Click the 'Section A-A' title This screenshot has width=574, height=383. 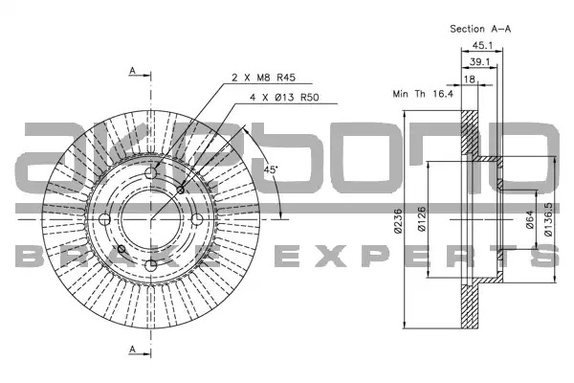(x=480, y=29)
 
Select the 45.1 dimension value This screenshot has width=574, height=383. (x=482, y=45)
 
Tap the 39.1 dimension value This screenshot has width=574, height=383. (x=479, y=62)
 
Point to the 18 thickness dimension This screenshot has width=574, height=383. (x=470, y=79)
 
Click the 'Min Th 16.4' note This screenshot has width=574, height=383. (x=423, y=94)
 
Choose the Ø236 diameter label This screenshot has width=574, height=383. (x=398, y=220)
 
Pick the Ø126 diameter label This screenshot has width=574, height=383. (x=421, y=219)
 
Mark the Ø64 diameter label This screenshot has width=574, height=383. (x=530, y=220)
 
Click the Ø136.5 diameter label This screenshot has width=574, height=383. (x=548, y=219)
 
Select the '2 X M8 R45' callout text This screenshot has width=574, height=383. (x=264, y=78)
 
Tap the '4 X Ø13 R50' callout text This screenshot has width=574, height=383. (x=284, y=97)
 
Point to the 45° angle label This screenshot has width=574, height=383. (x=271, y=169)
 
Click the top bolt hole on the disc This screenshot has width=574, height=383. (x=151, y=173)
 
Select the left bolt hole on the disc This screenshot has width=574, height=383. (x=104, y=219)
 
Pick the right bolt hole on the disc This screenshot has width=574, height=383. (x=197, y=219)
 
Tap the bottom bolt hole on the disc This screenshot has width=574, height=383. (x=151, y=265)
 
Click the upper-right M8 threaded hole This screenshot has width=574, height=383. (x=180, y=190)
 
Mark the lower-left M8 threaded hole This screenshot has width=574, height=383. (x=121, y=249)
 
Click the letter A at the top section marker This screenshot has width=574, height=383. (x=133, y=70)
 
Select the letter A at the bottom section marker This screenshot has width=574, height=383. (x=133, y=349)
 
